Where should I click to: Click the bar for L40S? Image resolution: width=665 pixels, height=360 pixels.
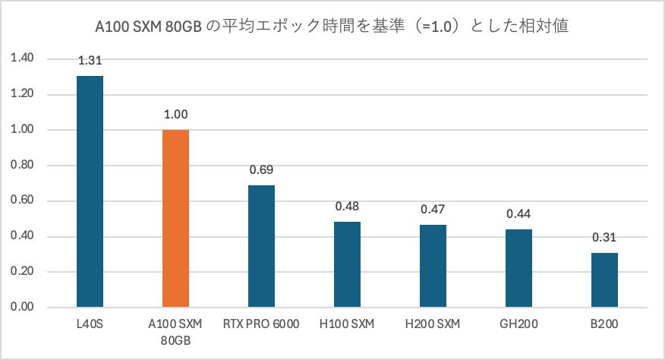click(x=90, y=192)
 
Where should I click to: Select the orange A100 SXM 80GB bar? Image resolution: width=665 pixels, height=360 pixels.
click(x=175, y=219)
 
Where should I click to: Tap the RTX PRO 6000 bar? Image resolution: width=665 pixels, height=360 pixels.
click(x=261, y=247)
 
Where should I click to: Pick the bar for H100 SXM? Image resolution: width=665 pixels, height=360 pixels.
click(x=347, y=265)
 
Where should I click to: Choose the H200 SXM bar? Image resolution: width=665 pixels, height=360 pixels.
click(x=433, y=266)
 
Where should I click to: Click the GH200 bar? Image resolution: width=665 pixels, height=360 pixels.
click(x=518, y=269)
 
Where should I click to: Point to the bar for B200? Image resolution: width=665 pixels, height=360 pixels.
click(x=604, y=280)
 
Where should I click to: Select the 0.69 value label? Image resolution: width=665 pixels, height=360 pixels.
click(x=261, y=171)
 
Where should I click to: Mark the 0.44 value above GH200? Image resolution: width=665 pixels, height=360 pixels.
click(x=518, y=215)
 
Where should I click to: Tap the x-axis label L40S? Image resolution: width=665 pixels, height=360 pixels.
click(x=90, y=324)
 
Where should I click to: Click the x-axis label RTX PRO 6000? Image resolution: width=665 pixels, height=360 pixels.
click(x=261, y=324)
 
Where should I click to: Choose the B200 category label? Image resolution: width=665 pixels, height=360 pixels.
click(x=604, y=324)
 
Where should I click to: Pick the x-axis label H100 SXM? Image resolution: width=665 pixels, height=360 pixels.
click(x=347, y=324)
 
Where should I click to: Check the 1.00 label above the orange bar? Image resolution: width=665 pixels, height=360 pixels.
click(x=175, y=115)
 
